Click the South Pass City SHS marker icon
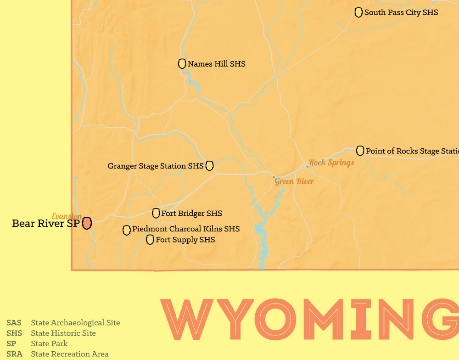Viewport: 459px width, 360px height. (x=358, y=12)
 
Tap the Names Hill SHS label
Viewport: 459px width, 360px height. (x=216, y=64)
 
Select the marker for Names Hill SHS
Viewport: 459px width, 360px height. (x=182, y=64)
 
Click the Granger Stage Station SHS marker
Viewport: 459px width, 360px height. (x=209, y=166)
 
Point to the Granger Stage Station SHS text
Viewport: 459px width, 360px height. (x=155, y=166)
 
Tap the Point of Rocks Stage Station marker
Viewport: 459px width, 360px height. (x=360, y=151)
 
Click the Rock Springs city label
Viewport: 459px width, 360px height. (x=331, y=163)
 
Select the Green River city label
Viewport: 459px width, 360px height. (x=295, y=181)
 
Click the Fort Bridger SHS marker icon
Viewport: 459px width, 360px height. (x=156, y=213)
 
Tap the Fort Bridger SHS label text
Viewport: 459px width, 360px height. (x=191, y=213)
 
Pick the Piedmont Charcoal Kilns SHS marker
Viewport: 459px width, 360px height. (x=127, y=230)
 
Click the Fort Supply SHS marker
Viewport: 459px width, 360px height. (x=150, y=239)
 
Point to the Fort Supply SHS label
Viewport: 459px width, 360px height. (x=185, y=239)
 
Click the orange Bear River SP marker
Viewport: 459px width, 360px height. (x=87, y=224)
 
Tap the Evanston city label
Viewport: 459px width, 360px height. (x=67, y=216)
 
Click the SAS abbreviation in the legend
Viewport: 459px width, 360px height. (x=14, y=323)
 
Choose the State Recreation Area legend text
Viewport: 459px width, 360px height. (x=70, y=354)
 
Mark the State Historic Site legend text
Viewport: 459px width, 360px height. (x=63, y=333)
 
